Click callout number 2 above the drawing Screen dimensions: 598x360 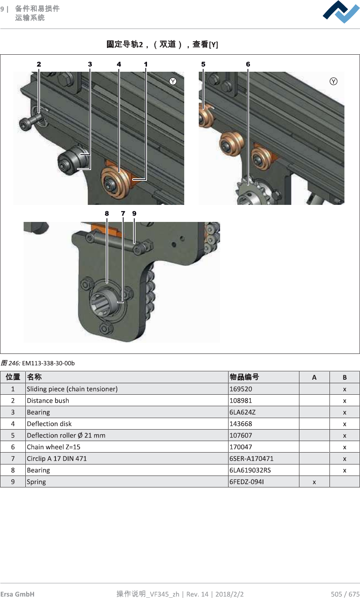pyautogui.click(x=39, y=64)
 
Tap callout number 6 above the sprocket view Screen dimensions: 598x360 pyautogui.click(x=248, y=64)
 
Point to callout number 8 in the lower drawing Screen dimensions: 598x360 pyautogui.click(x=107, y=214)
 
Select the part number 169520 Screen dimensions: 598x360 pyautogui.click(x=241, y=389)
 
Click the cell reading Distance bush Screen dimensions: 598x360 pyautogui.click(x=48, y=401)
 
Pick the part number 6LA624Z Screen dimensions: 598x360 pyautogui.click(x=242, y=412)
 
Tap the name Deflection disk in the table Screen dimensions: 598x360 pyautogui.click(x=49, y=424)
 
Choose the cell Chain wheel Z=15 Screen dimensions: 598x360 pyautogui.click(x=53, y=447)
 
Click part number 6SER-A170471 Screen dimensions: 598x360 pyautogui.click(x=251, y=459)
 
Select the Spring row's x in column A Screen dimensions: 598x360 pyautogui.click(x=314, y=482)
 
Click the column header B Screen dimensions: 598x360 pyautogui.click(x=345, y=377)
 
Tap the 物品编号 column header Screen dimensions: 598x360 pyautogui.click(x=244, y=377)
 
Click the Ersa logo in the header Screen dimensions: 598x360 pyautogui.click(x=341, y=12)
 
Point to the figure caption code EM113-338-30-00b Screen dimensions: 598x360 pyautogui.click(x=48, y=363)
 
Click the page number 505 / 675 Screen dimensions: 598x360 pyautogui.click(x=345, y=594)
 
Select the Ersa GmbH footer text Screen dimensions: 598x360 pyautogui.click(x=17, y=594)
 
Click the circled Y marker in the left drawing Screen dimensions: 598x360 pyautogui.click(x=173, y=81)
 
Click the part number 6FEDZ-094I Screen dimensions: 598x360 pyautogui.click(x=247, y=482)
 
